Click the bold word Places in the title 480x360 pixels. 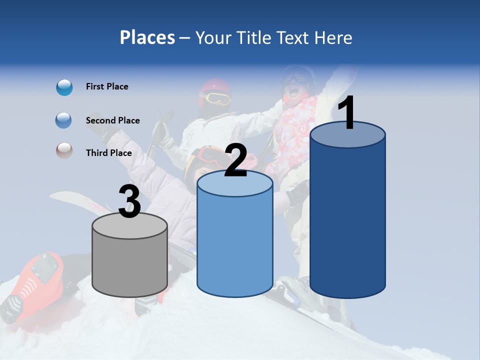pyautogui.click(x=147, y=37)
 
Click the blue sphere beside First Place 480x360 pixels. pyautogui.click(x=64, y=87)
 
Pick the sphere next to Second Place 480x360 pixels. pyautogui.click(x=64, y=120)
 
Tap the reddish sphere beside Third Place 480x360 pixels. pyautogui.click(x=64, y=150)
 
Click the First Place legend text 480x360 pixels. pyautogui.click(x=107, y=86)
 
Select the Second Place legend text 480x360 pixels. pyautogui.click(x=112, y=120)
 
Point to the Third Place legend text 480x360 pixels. pyautogui.click(x=109, y=153)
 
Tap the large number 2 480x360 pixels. pyautogui.click(x=235, y=160)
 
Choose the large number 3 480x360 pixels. pyautogui.click(x=130, y=201)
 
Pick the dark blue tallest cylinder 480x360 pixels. pyautogui.click(x=347, y=220)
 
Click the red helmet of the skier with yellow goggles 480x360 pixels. pyautogui.click(x=215, y=86)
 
